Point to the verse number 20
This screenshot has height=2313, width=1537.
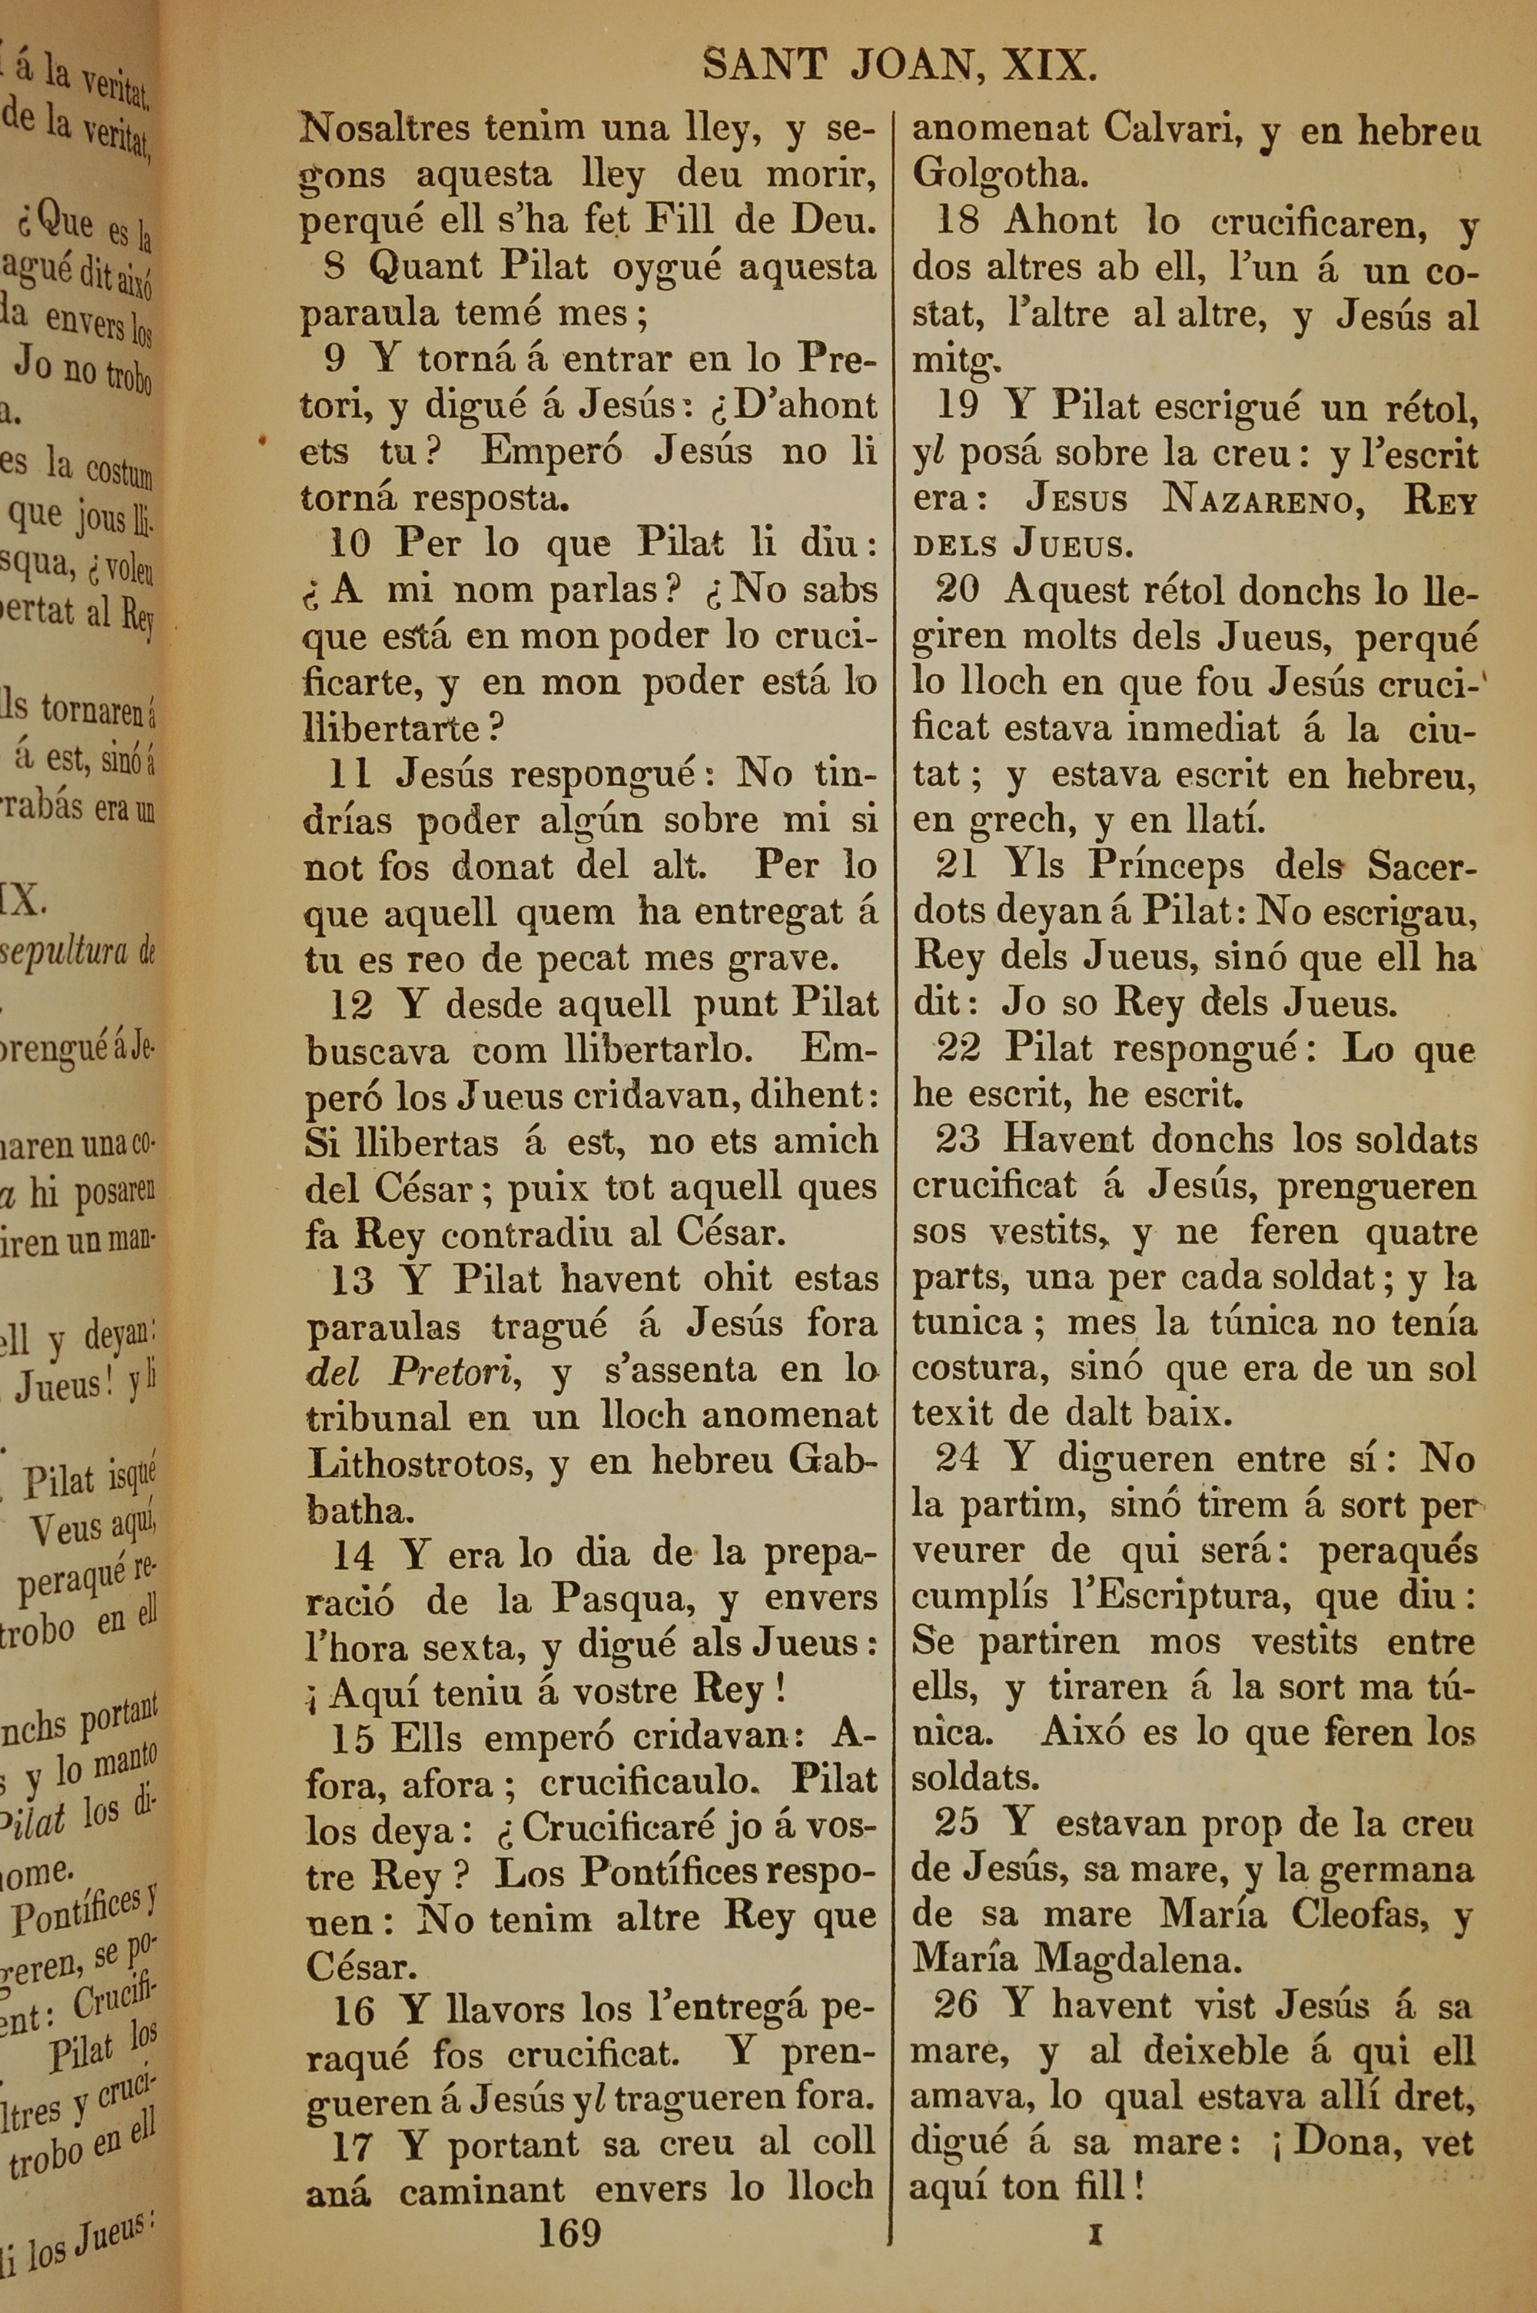957,589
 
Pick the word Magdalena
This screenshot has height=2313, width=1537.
1138,1959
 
